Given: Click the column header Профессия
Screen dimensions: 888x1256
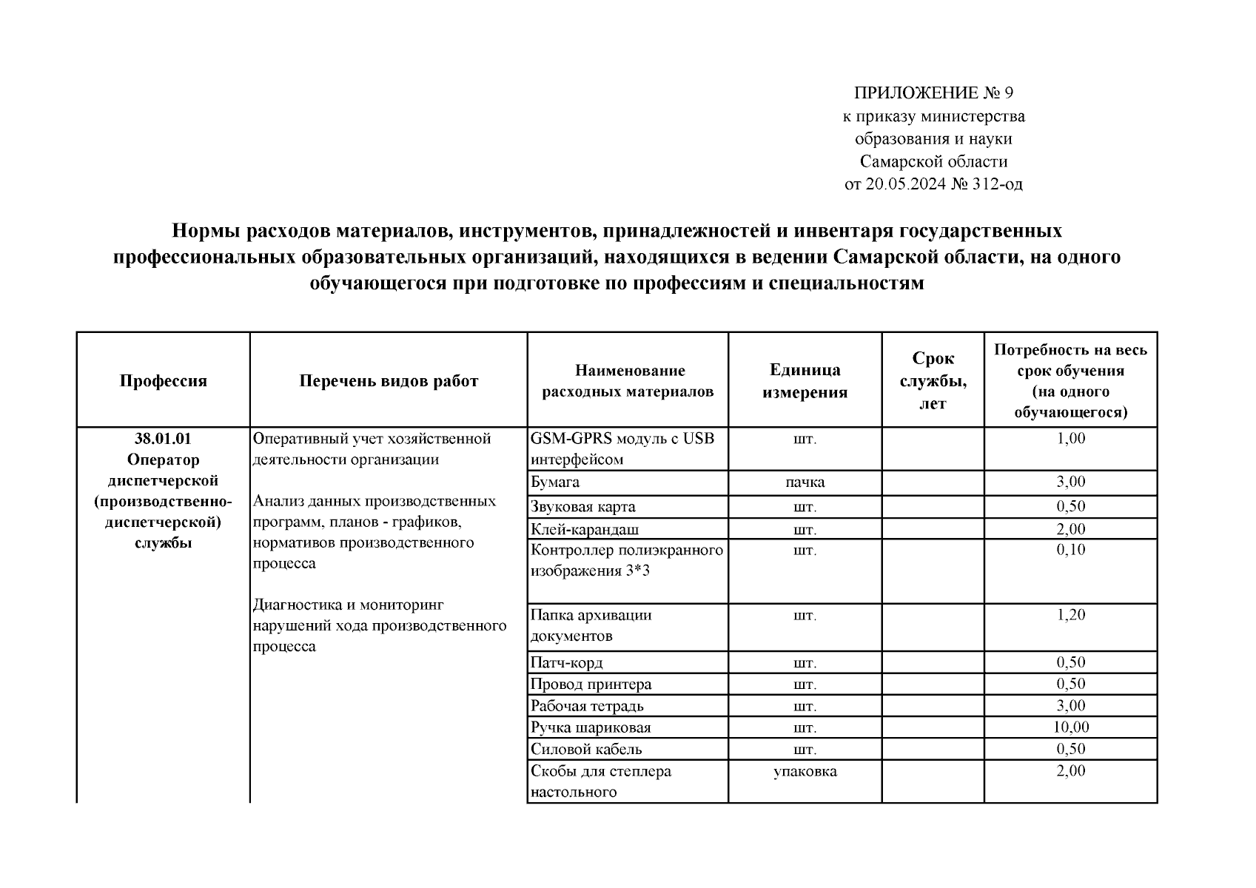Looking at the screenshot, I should click(163, 381).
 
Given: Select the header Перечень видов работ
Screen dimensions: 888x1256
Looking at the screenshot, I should click(389, 381).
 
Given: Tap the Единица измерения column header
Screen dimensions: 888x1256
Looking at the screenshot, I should click(805, 381).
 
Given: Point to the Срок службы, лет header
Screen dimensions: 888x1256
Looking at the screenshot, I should click(933, 381).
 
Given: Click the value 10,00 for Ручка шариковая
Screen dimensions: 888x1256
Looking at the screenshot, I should click(1070, 727).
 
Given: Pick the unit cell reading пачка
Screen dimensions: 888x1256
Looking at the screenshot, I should click(805, 482).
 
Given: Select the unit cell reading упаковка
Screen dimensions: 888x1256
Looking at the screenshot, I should click(805, 771).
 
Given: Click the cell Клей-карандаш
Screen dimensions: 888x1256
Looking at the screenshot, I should click(585, 529).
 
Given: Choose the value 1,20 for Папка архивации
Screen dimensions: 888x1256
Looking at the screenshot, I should click(1070, 615).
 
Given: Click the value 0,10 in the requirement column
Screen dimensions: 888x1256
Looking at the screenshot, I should click(1070, 550).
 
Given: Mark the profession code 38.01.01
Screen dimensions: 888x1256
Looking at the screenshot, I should click(163, 439).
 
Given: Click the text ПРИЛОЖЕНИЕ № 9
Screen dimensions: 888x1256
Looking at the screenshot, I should click(933, 93).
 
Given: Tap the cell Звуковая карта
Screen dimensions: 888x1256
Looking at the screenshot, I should click(583, 507).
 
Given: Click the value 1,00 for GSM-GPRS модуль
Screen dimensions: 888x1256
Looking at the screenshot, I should click(1070, 439).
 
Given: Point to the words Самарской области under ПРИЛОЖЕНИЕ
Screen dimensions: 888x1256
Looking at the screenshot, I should click(933, 161).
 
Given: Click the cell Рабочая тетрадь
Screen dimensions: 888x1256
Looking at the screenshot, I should click(587, 706).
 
